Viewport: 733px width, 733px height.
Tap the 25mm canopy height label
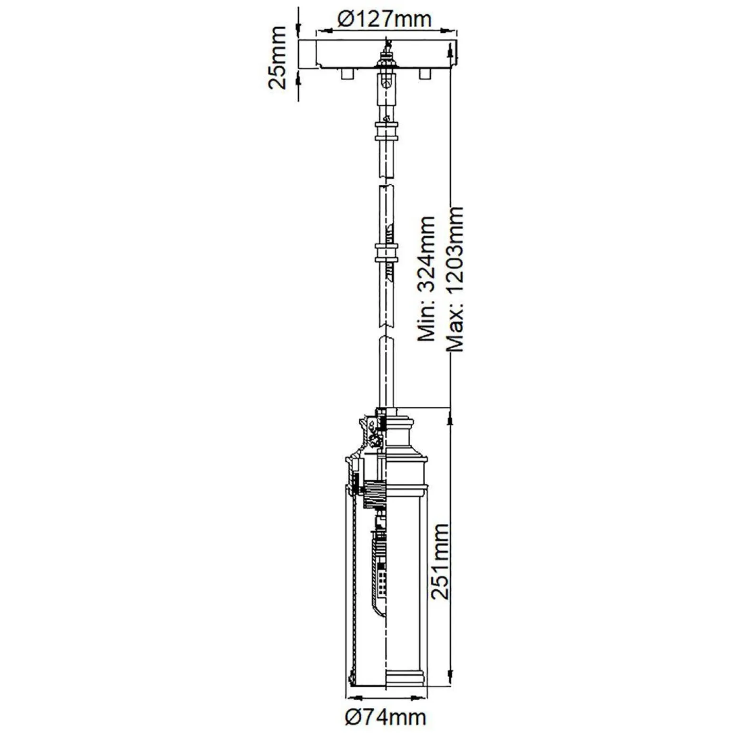277,58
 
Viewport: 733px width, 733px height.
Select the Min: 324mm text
426,278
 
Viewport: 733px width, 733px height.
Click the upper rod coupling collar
386,130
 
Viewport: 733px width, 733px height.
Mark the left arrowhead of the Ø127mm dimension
320,31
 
